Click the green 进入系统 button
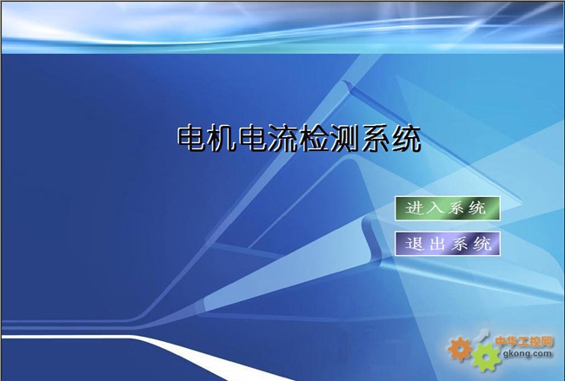447,208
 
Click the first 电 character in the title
191,138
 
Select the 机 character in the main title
222,138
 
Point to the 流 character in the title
283,138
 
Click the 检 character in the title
314,138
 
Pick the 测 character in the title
344,138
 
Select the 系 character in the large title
376,138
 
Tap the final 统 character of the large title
406,138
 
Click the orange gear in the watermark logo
460,348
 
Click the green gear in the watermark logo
486,358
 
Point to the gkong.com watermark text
527,353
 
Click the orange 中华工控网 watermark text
523,341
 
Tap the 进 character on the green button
414,208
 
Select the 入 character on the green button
435,208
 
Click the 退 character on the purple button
414,244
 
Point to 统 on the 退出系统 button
482,244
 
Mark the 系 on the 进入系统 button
456,208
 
